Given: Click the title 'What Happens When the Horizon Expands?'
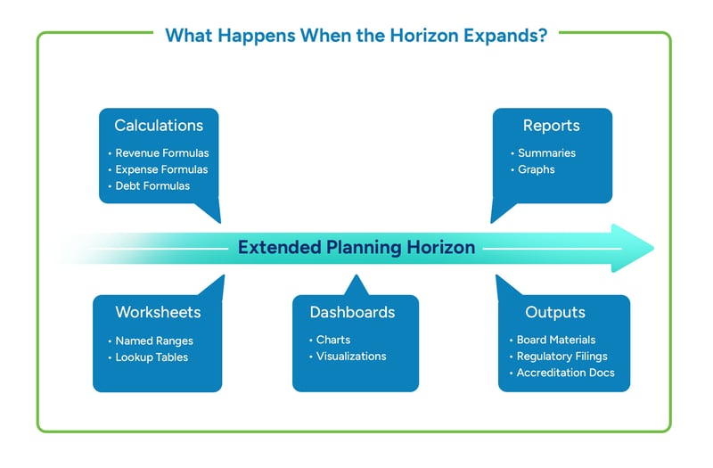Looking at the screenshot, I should [x=356, y=36].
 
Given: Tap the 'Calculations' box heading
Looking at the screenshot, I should [x=159, y=126].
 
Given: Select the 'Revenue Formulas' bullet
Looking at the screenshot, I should [x=161, y=153].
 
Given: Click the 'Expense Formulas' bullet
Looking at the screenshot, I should [x=161, y=169].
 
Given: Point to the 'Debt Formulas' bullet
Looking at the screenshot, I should [x=152, y=186].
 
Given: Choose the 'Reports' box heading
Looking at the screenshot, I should [x=551, y=126].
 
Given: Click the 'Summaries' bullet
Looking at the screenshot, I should [x=546, y=153].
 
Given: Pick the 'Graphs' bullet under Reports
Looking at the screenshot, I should [x=536, y=169].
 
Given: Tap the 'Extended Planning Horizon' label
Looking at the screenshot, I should [x=356, y=248].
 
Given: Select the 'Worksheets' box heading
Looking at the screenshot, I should [x=158, y=312].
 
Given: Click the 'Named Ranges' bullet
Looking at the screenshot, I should [x=154, y=341].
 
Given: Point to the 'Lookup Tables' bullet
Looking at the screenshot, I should [x=152, y=357].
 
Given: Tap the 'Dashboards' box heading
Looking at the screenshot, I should [x=352, y=312].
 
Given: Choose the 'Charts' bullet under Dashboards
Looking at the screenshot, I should [x=332, y=340].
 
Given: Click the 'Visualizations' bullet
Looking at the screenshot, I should [x=350, y=356].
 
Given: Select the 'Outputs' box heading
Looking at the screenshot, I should [x=554, y=312].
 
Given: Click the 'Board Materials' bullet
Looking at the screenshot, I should [x=555, y=340].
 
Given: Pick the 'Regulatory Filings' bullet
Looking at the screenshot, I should [x=561, y=357].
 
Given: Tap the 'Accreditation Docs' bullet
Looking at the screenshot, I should [x=565, y=373].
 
